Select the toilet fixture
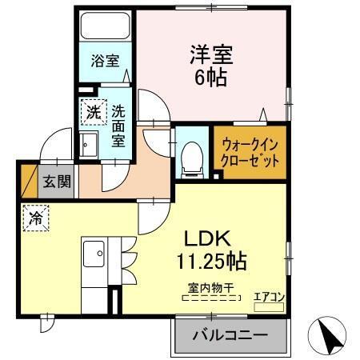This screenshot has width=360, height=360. (190, 157)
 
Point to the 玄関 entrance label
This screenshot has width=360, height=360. (57, 181)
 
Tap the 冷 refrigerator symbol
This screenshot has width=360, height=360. (35, 218)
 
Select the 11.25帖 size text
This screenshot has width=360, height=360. (211, 261)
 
